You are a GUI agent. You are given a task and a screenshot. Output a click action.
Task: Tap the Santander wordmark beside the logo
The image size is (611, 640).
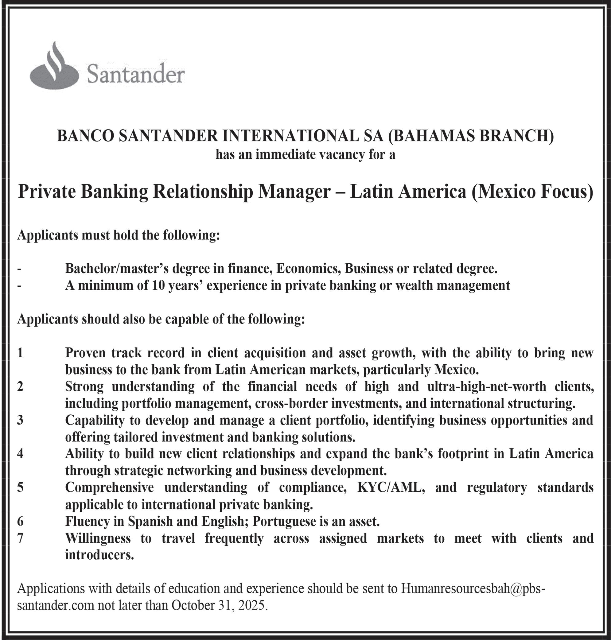tap(135, 75)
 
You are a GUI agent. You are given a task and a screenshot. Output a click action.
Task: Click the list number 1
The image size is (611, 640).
tap(20, 353)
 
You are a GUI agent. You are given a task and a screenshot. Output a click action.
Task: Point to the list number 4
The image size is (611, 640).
tap(20, 454)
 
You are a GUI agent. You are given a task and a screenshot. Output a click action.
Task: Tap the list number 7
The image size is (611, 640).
tap(20, 538)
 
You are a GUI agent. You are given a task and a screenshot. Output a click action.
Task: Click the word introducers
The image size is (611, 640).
tap(99, 555)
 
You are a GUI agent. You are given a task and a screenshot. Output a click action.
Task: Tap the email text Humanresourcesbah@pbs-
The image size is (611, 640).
tap(473, 588)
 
